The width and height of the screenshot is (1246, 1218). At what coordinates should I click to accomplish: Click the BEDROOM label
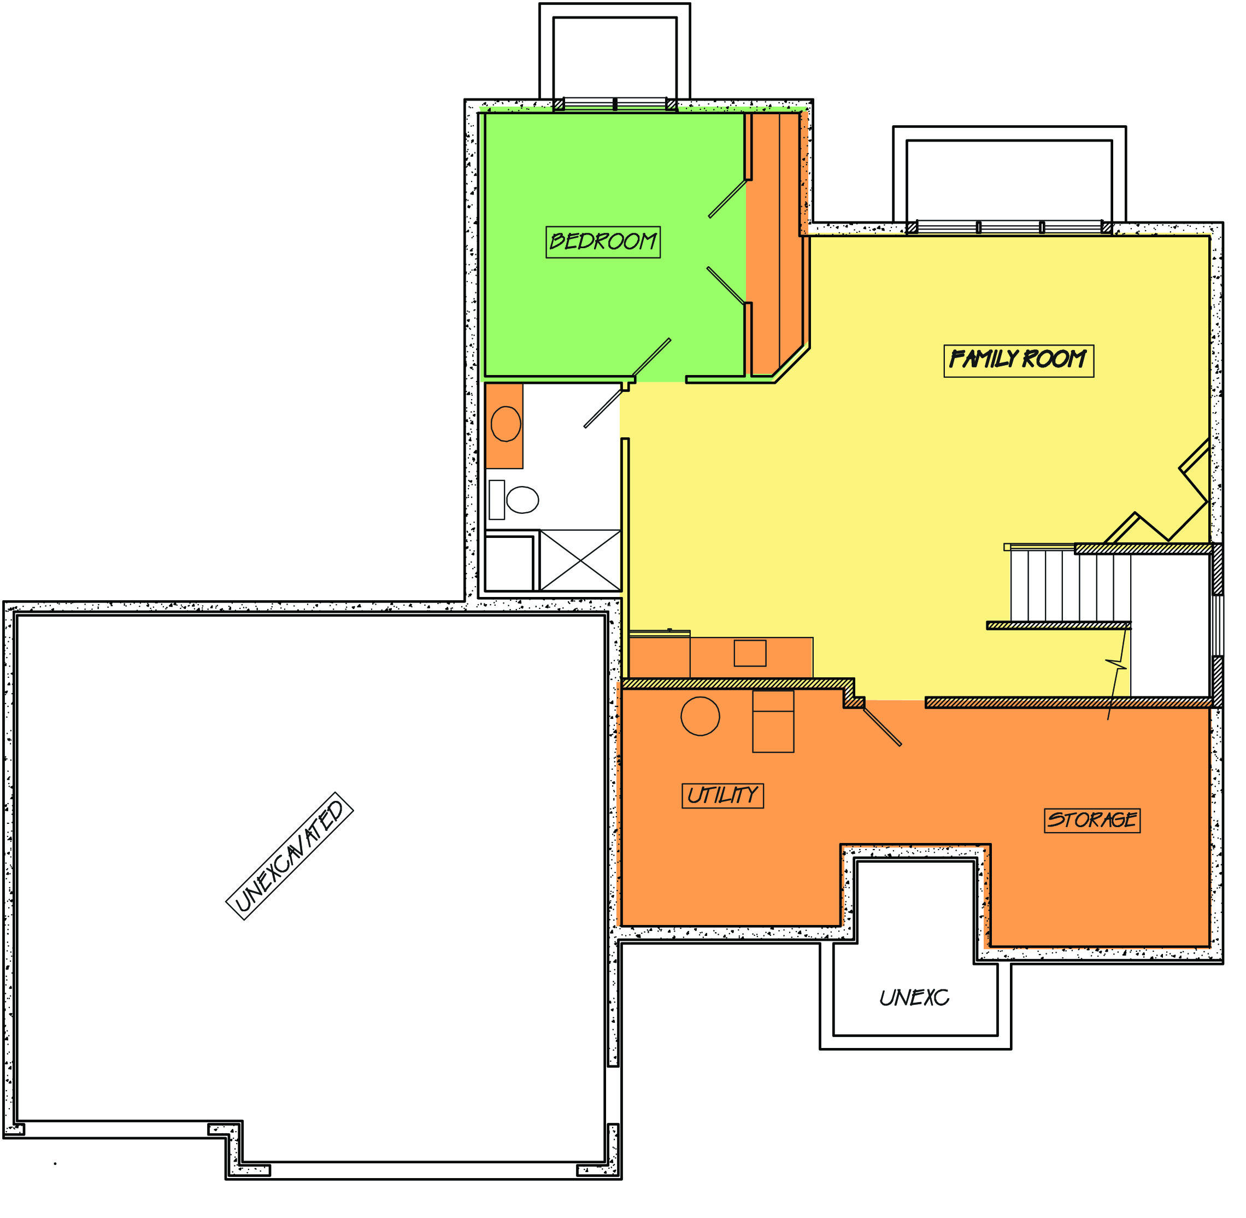pos(603,242)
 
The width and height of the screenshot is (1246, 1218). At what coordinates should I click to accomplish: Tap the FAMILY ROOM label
pos(1018,361)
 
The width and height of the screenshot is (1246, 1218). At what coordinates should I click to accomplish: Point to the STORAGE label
pos(1092,820)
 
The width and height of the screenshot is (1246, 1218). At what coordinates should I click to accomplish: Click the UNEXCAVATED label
pos(290,856)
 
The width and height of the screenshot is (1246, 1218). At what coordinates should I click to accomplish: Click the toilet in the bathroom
pos(514,500)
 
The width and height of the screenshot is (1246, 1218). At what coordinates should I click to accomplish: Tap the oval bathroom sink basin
pos(506,424)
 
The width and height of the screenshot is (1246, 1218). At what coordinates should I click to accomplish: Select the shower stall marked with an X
pos(580,560)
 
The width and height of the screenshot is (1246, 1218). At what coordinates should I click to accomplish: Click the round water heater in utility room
pos(700,716)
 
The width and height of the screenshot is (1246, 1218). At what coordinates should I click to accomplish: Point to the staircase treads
pos(1071,586)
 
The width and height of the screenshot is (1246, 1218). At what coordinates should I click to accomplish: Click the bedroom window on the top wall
pos(615,105)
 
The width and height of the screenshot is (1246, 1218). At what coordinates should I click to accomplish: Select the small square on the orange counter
pos(750,653)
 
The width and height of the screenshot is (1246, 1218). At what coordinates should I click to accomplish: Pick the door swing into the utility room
pos(882,725)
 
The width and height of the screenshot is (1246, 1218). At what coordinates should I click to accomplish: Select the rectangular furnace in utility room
pos(773,721)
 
